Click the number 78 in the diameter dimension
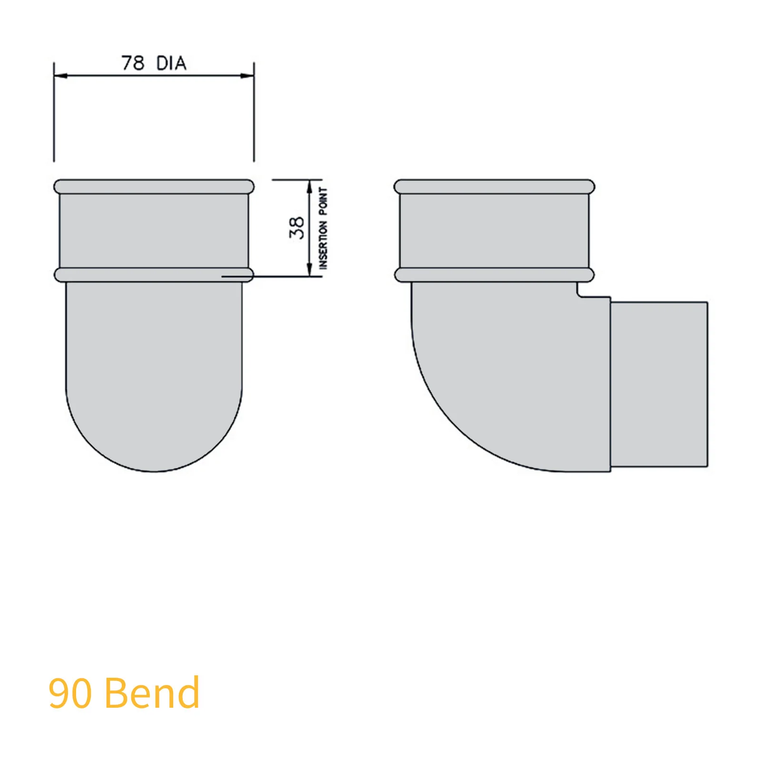click(x=133, y=63)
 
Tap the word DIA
click(x=171, y=63)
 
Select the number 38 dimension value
click(x=296, y=228)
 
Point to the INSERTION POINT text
click(x=323, y=228)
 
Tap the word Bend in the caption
click(x=152, y=693)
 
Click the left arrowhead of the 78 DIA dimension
click(x=60, y=76)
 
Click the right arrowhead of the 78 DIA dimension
click(x=248, y=76)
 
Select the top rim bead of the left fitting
click(x=154, y=186)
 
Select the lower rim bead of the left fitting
click(x=154, y=275)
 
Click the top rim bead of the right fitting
click(x=494, y=186)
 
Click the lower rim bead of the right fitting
click(x=494, y=275)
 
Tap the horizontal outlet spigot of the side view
click(x=659, y=384)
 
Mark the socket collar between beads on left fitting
click(x=154, y=231)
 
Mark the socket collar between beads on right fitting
click(x=494, y=231)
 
